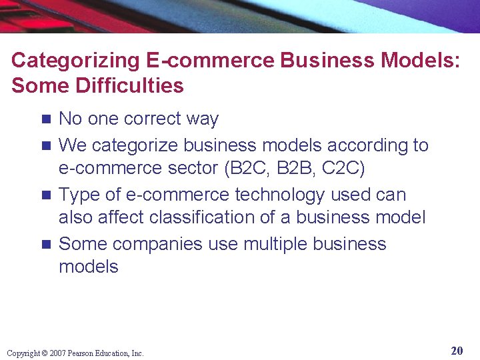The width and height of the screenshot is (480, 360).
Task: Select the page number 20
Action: click(x=457, y=351)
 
